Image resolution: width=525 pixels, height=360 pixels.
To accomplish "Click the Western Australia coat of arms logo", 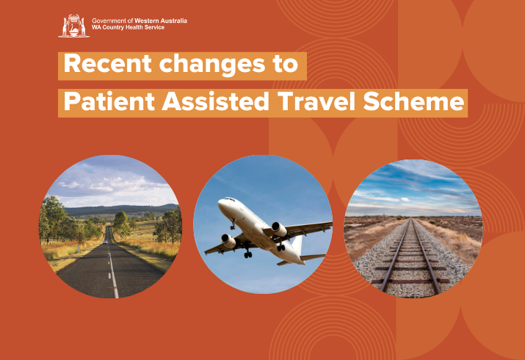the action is click(x=73, y=26).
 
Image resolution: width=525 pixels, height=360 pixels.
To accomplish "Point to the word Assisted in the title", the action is click(x=216, y=101).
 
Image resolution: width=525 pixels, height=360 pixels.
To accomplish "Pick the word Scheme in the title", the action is click(x=414, y=101).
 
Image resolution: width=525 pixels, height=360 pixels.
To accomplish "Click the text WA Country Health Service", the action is click(x=128, y=27).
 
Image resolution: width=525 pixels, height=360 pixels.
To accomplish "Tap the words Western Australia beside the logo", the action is click(x=161, y=21).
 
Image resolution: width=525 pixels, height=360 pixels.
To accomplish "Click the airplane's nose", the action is click(x=220, y=204).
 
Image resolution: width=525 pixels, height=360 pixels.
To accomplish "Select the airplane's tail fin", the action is click(x=297, y=245).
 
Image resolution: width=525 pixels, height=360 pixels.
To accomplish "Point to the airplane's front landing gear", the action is click(x=232, y=224).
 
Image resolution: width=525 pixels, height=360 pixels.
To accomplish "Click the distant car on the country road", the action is click(x=105, y=242).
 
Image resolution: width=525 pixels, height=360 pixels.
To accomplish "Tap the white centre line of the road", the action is click(x=112, y=271).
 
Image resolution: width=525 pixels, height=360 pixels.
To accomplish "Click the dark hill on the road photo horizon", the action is click(x=120, y=209).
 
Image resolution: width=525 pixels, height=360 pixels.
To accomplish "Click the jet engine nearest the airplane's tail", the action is click(x=279, y=230).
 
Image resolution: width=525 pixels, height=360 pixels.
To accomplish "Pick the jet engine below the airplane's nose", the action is click(x=228, y=240).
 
